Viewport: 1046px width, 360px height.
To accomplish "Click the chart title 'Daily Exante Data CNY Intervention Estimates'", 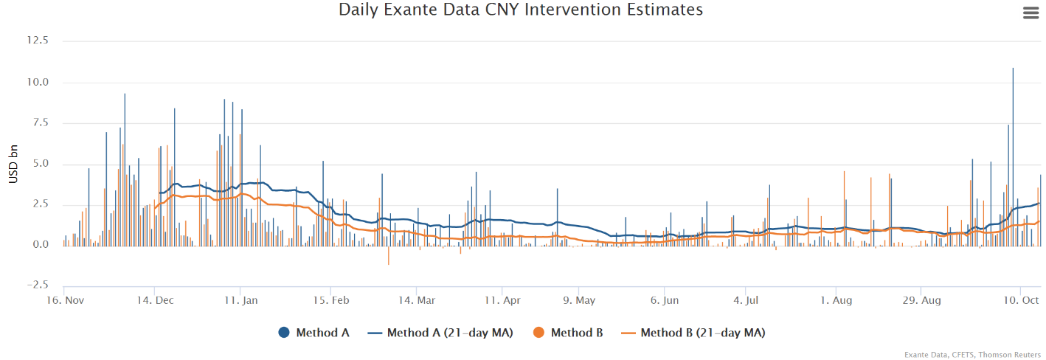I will pyautogui.click(x=520, y=10).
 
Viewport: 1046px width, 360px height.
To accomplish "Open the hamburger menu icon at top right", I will pyautogui.click(x=1031, y=13).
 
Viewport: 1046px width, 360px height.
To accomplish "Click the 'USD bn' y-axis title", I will pyautogui.click(x=13, y=163).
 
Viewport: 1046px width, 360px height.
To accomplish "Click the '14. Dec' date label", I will pyautogui.click(x=156, y=300).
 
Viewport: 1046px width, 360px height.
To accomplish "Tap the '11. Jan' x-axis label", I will pyautogui.click(x=241, y=300).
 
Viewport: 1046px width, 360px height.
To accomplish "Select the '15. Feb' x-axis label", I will pyautogui.click(x=331, y=300).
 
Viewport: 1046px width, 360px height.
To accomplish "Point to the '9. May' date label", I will pyautogui.click(x=579, y=300).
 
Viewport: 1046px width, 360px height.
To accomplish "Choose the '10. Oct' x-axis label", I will pyautogui.click(x=1021, y=300).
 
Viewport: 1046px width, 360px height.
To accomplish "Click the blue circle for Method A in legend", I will pyautogui.click(x=284, y=333).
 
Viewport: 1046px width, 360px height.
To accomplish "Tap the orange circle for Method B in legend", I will pyautogui.click(x=538, y=333).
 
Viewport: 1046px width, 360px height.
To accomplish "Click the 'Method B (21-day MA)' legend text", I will pyautogui.click(x=702, y=333).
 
